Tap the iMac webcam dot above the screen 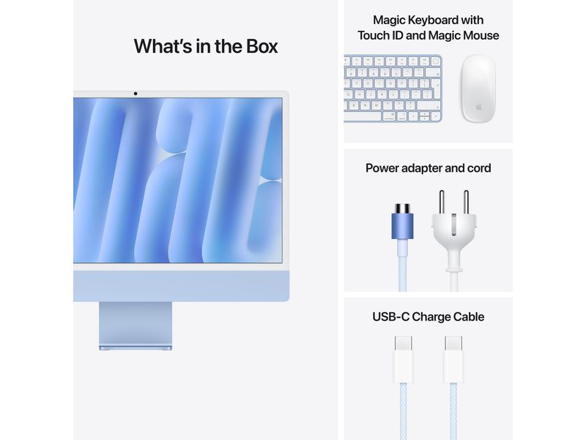136,94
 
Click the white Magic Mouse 478,88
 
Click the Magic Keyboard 393,88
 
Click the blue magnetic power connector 401,223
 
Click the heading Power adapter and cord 429,168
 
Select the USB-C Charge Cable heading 429,317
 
